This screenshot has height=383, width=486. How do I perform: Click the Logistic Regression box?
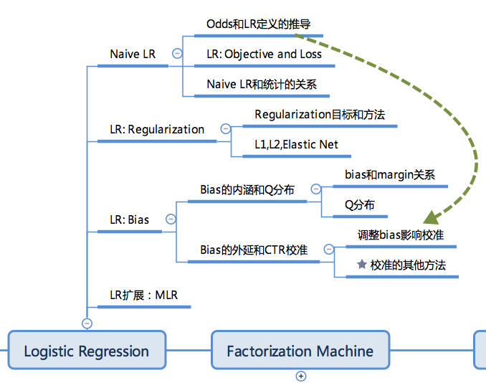pyautogui.click(x=87, y=351)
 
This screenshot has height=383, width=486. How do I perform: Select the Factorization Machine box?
pyautogui.click(x=300, y=351)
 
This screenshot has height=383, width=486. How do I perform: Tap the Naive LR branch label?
pyautogui.click(x=133, y=55)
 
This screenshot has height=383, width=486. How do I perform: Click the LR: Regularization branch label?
pyautogui.click(x=157, y=130)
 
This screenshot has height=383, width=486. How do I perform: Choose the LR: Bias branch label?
pyautogui.click(x=129, y=219)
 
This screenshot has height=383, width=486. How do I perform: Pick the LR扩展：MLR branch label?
pyautogui.click(x=143, y=295)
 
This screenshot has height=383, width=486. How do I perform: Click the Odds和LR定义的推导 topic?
pyautogui.click(x=258, y=24)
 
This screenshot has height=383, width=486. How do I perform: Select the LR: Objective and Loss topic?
pyautogui.click(x=264, y=54)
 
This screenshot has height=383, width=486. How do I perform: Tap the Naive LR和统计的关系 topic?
pyautogui.click(x=262, y=84)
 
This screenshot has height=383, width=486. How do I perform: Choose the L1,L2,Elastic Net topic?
pyautogui.click(x=296, y=144)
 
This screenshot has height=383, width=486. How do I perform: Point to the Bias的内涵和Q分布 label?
pyautogui.click(x=247, y=190)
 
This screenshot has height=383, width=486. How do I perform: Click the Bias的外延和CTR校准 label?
pyautogui.click(x=254, y=250)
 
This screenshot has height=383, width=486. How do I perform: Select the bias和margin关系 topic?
pyautogui.click(x=389, y=174)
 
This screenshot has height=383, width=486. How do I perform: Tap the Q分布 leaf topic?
pyautogui.click(x=359, y=204)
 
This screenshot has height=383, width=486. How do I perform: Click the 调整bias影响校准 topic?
pyautogui.click(x=401, y=235)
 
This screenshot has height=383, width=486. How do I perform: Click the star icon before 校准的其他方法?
pyautogui.click(x=362, y=265)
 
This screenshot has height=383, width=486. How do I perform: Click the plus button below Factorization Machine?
pyautogui.click(x=301, y=376)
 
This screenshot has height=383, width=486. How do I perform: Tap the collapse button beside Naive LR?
pyautogui.click(x=178, y=54)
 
